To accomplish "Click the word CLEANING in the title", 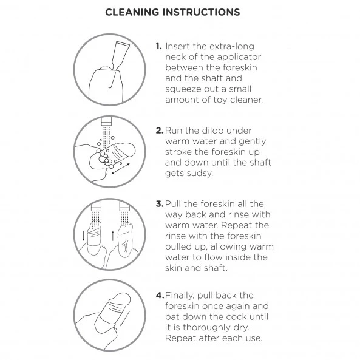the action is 132,12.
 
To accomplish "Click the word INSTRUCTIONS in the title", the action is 202,12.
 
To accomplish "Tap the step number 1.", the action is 158,46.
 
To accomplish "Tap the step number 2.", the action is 159,131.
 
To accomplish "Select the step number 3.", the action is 159,203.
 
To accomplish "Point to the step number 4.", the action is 160,295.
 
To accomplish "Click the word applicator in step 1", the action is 239,58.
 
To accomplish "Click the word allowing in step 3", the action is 228,247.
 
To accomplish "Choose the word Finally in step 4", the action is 180,296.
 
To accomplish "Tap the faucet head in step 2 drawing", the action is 106,121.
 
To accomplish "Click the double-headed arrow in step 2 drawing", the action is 121,169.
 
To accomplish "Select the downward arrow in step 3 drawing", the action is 83,236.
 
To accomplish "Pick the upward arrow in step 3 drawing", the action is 113,236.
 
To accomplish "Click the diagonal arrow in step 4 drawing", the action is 125,319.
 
